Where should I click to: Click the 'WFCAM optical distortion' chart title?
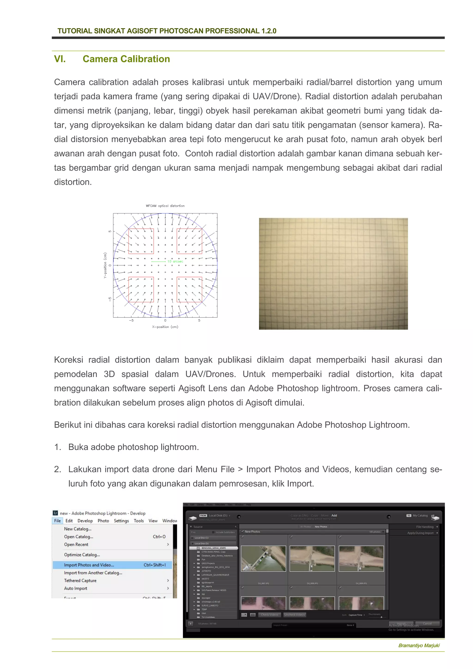[165, 206]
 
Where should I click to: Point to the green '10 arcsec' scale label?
[175, 261]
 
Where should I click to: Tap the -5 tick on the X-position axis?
[132, 320]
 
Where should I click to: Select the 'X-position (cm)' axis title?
[165, 327]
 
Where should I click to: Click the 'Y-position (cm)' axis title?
[105, 265]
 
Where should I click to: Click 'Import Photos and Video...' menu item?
[89, 565]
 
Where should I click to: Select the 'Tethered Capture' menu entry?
[80, 581]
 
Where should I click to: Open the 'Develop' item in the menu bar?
[85, 521]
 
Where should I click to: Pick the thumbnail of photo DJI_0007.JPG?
[264, 559]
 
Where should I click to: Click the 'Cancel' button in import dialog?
[427, 623]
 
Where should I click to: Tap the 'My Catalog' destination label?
[420, 515]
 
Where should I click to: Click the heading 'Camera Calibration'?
[126, 59]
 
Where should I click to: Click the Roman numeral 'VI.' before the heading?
[60, 59]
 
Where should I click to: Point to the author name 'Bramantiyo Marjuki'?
[419, 645]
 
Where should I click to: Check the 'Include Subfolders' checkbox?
[213, 532]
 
